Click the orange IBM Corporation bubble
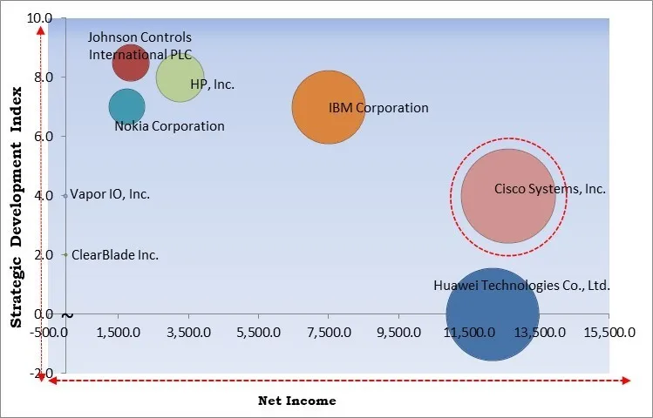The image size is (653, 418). point(328,107)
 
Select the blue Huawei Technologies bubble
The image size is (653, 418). point(493,314)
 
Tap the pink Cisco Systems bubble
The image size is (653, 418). point(507,197)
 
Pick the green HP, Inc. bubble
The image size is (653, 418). point(180,78)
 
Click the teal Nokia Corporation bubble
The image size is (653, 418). point(127,107)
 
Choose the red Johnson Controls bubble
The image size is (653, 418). point(131,63)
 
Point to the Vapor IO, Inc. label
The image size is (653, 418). point(110,194)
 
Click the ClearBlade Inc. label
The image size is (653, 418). point(114,255)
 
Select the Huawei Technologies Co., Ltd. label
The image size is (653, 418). point(521,286)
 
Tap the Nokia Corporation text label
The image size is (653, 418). point(169,126)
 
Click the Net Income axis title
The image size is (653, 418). point(296,401)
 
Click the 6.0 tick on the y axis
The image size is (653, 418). point(44,137)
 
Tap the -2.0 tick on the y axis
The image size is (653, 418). point(42,374)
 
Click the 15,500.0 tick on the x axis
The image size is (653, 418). point(602,333)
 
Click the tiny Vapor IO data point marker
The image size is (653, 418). point(65,196)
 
